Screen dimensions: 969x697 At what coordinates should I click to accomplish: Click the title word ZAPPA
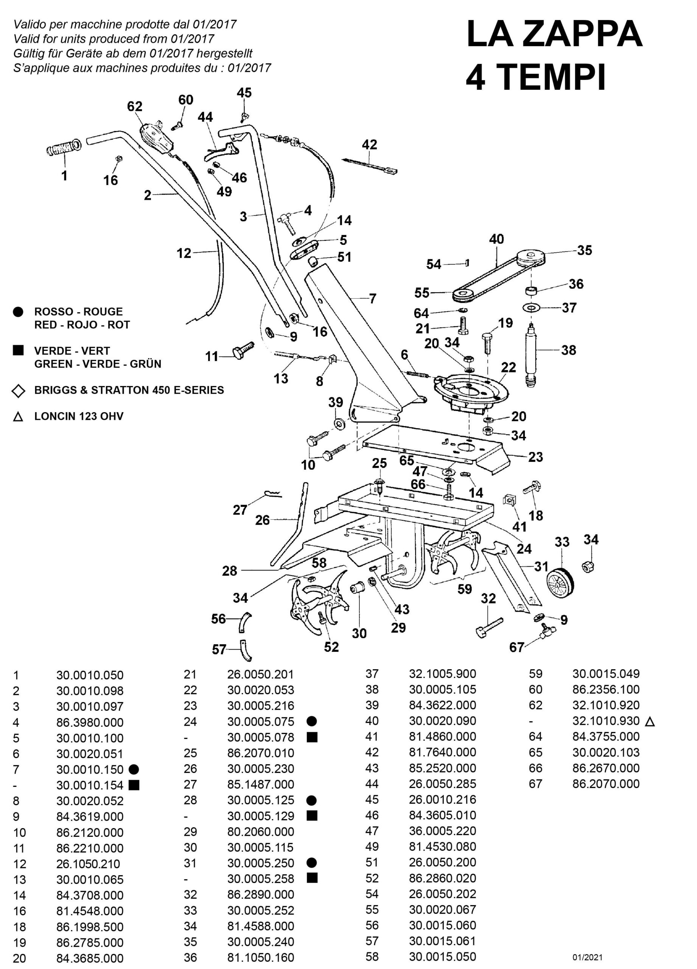[x=582, y=34]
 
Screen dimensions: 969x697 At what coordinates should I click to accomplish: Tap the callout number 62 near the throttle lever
[x=135, y=106]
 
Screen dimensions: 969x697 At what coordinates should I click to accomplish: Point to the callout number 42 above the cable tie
[x=369, y=145]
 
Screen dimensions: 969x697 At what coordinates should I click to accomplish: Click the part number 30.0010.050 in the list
[x=90, y=676]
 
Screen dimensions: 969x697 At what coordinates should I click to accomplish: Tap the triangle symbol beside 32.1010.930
[x=649, y=721]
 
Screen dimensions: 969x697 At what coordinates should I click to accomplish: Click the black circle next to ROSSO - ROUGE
[x=18, y=312]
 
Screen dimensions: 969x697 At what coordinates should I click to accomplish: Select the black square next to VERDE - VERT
[x=18, y=351]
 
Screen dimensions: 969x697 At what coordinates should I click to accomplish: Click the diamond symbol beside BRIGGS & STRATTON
[x=18, y=391]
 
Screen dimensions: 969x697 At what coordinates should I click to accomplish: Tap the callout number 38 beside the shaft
[x=568, y=351]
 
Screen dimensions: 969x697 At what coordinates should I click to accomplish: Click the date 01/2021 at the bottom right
[x=587, y=958]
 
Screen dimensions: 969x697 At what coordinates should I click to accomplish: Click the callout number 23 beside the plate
[x=535, y=457]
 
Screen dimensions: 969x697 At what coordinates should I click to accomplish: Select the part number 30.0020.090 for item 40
[x=442, y=721]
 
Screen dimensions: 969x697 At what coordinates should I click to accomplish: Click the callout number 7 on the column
[x=373, y=298]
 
